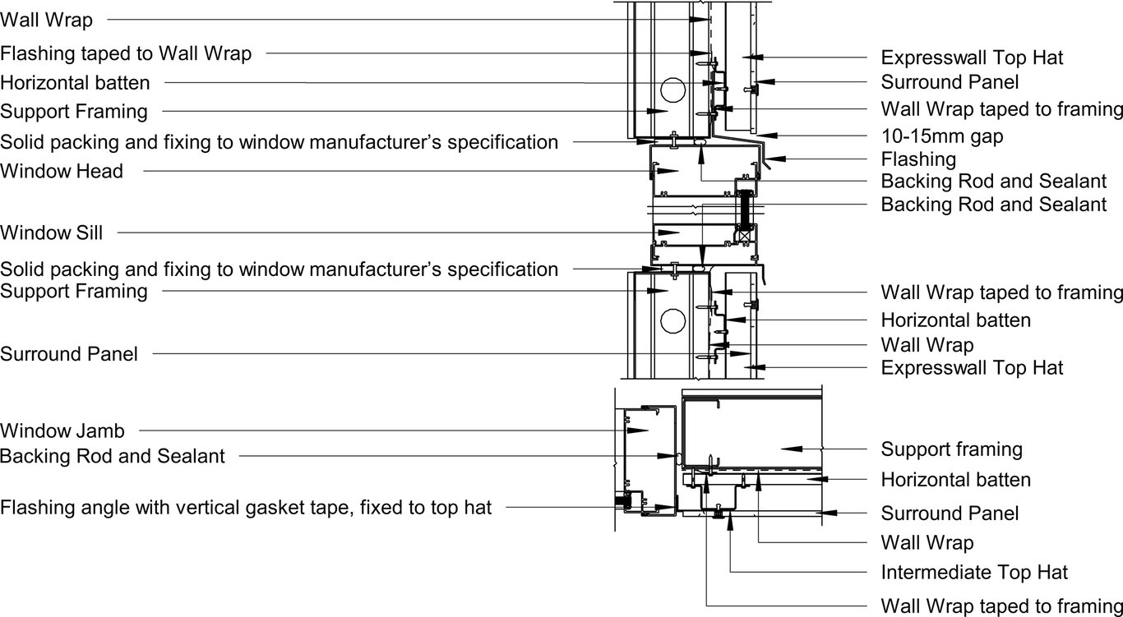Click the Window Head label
62,172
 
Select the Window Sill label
52,233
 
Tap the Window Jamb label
62,430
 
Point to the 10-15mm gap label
942,136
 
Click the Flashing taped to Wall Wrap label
126,53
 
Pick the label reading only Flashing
918,159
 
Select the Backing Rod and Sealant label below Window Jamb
113,456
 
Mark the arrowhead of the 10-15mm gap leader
763,135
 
